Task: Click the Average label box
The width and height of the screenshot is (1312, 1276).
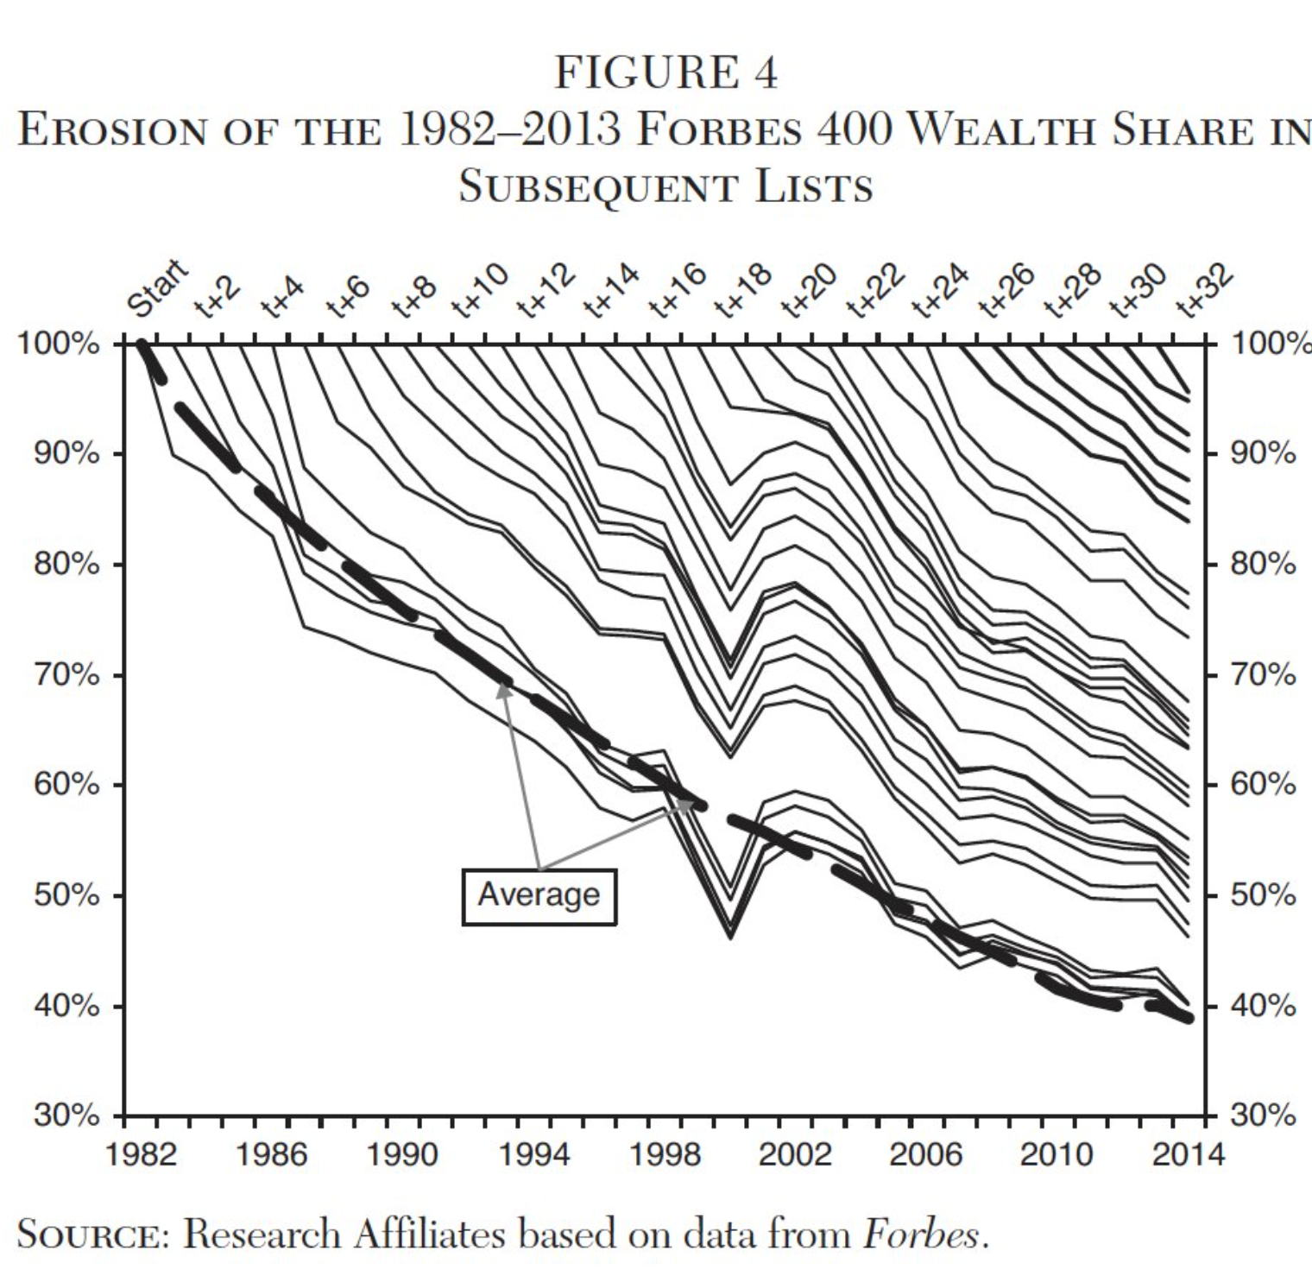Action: pyautogui.click(x=539, y=896)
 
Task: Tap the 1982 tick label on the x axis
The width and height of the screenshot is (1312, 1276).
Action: pyautogui.click(x=141, y=1154)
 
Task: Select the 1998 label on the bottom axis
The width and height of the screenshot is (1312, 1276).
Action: pyautogui.click(x=665, y=1154)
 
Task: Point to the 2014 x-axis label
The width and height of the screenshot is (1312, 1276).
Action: pyautogui.click(x=1188, y=1154)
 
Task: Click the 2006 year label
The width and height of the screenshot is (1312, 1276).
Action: pyautogui.click(x=926, y=1154)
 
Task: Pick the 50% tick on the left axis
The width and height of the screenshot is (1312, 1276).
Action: pyautogui.click(x=67, y=895)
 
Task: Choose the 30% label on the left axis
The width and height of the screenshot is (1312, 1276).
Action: pyautogui.click(x=67, y=1116)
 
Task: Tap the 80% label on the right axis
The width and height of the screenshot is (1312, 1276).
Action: pyautogui.click(x=1263, y=564)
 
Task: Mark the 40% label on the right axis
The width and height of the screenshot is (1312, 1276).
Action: pyautogui.click(x=1263, y=1006)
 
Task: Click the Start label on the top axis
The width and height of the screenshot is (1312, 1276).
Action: pyautogui.click(x=157, y=287)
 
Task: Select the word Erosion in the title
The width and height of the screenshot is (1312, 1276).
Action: pyautogui.click(x=113, y=130)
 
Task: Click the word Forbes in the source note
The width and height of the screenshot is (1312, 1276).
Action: pyautogui.click(x=921, y=1235)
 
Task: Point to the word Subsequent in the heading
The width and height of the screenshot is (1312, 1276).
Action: pyautogui.click(x=595, y=186)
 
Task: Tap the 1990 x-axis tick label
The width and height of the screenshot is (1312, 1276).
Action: pyautogui.click(x=403, y=1154)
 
